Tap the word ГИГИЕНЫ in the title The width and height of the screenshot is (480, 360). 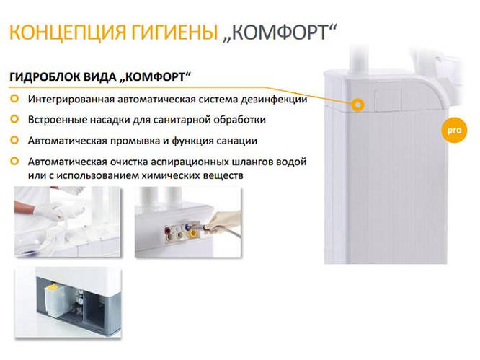[x=172, y=32]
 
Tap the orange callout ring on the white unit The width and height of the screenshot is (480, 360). [x=357, y=104]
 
